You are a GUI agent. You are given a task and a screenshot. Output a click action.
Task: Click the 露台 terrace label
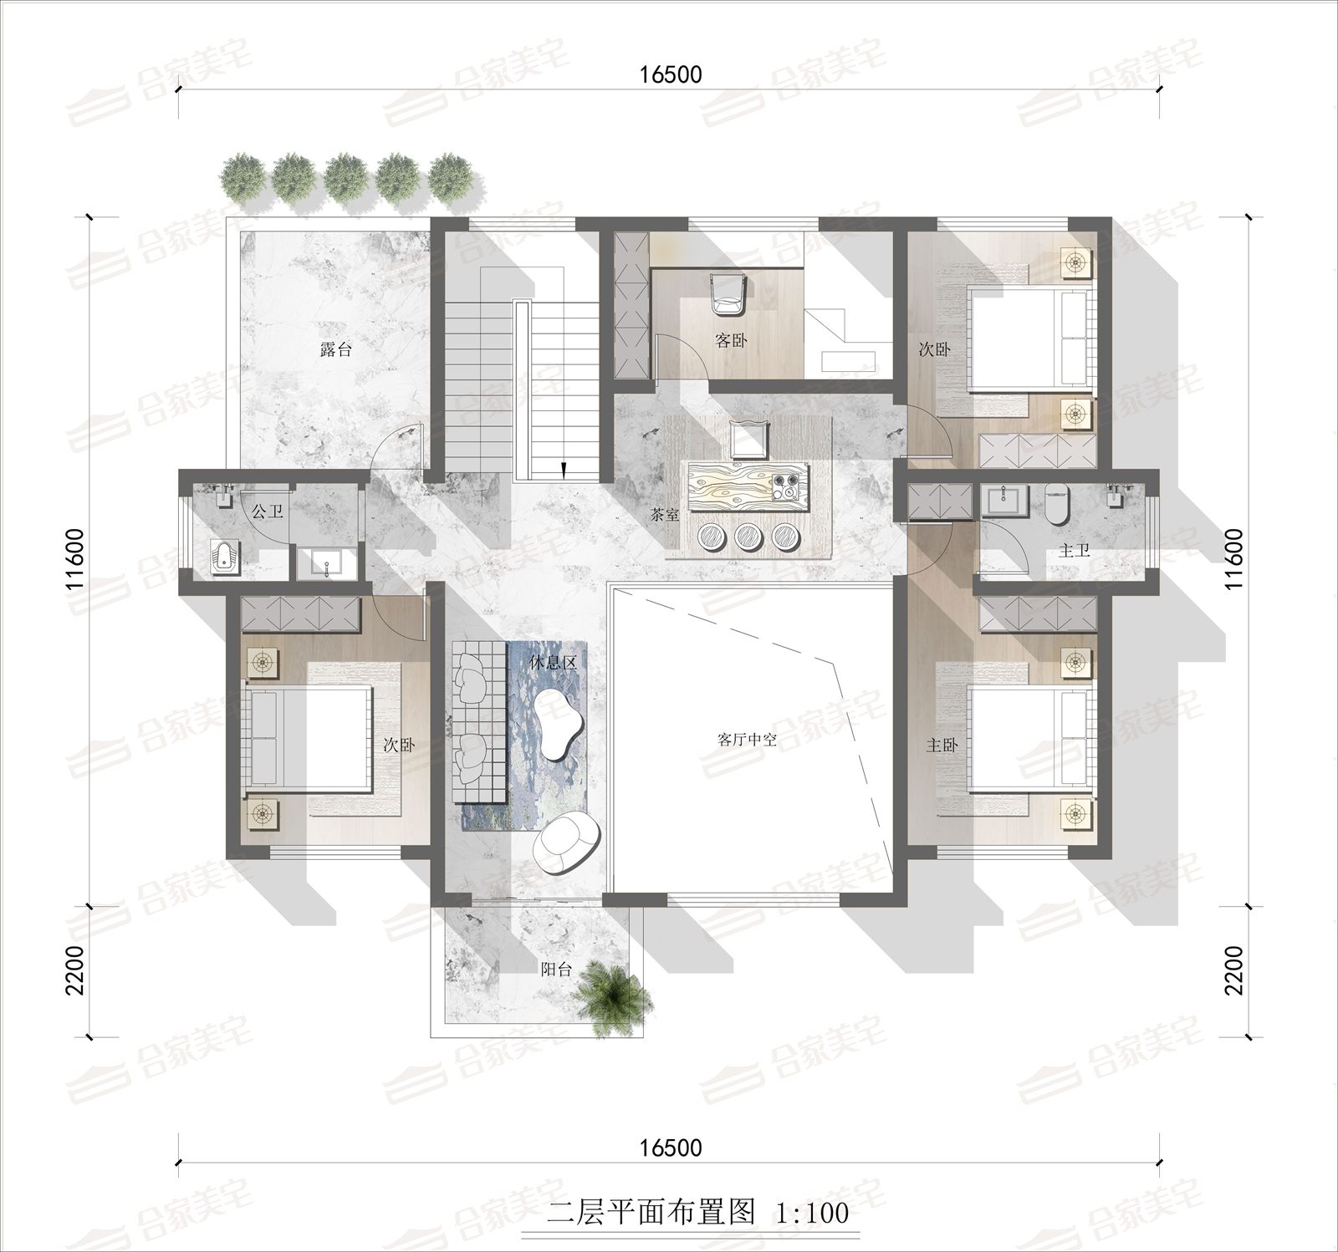[336, 350]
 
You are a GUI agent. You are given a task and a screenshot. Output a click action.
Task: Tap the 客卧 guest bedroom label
[731, 340]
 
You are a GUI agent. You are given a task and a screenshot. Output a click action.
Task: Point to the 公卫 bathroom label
[268, 511]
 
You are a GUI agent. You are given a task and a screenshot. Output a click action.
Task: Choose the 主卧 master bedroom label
[942, 745]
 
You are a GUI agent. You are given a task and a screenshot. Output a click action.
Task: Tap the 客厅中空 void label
[748, 740]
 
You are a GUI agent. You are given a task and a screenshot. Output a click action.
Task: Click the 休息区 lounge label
[554, 663]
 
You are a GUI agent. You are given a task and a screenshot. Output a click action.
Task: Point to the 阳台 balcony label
[556, 970]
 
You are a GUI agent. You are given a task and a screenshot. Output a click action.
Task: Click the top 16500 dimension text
[671, 74]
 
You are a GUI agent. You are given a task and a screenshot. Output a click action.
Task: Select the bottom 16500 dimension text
[671, 1148]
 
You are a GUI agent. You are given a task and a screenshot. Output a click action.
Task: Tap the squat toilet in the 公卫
[222, 558]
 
